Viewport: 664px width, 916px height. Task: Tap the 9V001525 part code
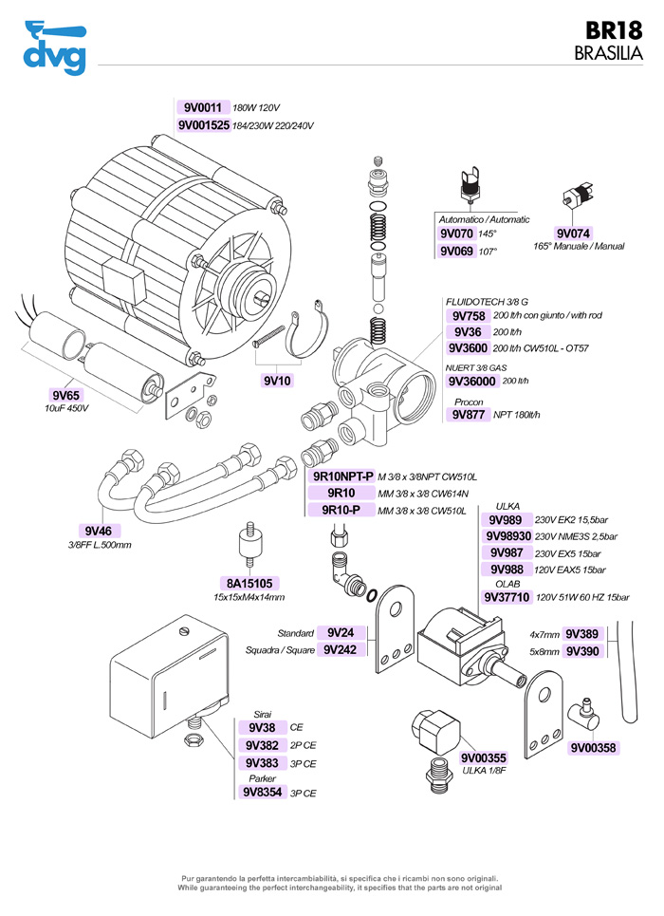[x=203, y=125]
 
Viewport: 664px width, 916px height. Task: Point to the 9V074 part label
[x=573, y=233]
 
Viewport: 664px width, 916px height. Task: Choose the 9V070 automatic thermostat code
[x=456, y=233]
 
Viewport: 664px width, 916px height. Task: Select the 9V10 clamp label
[x=279, y=381]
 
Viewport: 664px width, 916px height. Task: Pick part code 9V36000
[x=471, y=381]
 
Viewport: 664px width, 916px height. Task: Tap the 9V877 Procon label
[x=469, y=415]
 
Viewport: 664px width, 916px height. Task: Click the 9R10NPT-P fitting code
[x=341, y=476]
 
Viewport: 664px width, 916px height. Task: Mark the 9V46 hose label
[x=99, y=531]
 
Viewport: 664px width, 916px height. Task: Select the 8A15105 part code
[x=249, y=583]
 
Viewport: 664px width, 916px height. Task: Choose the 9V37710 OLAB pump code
[x=507, y=597]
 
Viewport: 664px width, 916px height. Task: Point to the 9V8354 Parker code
[x=263, y=792]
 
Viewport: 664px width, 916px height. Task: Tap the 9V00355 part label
[x=484, y=757]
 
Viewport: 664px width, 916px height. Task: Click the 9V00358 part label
[x=594, y=748]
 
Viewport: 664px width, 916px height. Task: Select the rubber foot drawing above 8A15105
[x=247, y=545]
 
